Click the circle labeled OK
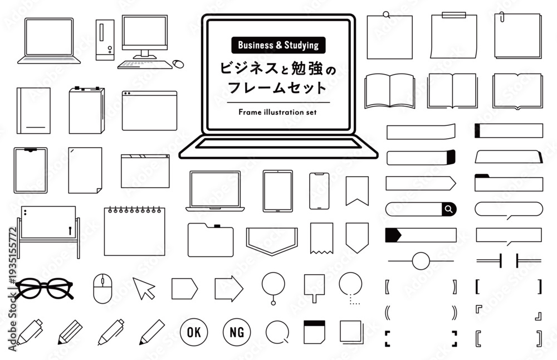[x=194, y=332]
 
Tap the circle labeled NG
[x=237, y=332]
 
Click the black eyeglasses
[x=44, y=288]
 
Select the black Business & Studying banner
[x=278, y=45]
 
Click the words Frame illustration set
[x=277, y=113]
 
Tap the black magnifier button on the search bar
[x=449, y=209]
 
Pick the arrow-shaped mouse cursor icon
[x=144, y=288]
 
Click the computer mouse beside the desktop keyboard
[x=178, y=64]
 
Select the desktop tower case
[x=105, y=40]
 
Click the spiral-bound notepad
[x=135, y=231]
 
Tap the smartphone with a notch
[x=319, y=191]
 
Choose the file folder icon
[x=211, y=240]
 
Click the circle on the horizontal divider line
[x=421, y=261]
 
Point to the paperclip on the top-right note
[x=502, y=17]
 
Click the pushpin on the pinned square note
[x=387, y=14]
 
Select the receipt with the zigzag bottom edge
[x=321, y=238]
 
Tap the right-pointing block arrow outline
[x=229, y=289]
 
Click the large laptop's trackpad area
[x=278, y=144]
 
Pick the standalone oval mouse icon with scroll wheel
[x=102, y=289]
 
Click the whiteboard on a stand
[x=48, y=231]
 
